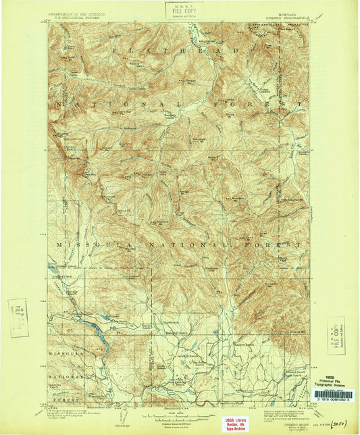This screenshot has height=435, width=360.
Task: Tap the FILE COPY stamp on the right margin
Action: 335,336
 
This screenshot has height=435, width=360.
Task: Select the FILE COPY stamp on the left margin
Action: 18,317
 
